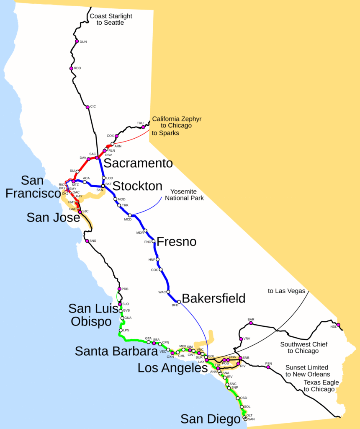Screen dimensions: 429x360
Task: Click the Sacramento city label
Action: pyautogui.click(x=138, y=163)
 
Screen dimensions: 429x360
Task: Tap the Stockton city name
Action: pyautogui.click(x=137, y=186)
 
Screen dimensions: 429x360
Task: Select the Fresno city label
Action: pyautogui.click(x=176, y=242)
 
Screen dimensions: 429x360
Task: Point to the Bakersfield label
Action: pyautogui.click(x=213, y=298)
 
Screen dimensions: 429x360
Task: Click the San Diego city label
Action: pyautogui.click(x=211, y=419)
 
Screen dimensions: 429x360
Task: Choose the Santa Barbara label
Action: pyautogui.click(x=116, y=351)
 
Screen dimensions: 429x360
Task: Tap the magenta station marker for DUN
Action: pyautogui.click(x=77, y=41)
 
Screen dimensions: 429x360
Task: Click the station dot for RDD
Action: pyautogui.click(x=71, y=68)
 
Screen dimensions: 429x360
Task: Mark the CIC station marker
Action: pyautogui.click(x=87, y=107)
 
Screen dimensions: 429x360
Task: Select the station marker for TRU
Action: pyautogui.click(x=143, y=127)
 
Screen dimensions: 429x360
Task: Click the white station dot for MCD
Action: pyautogui.click(x=130, y=215)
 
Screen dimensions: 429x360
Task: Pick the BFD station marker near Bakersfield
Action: pyautogui.click(x=179, y=302)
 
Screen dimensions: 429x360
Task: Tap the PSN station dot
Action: pyautogui.click(x=268, y=367)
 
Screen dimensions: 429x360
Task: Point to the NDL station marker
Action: pyautogui.click(x=338, y=325)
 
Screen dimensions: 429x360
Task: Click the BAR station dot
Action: pyautogui.click(x=251, y=323)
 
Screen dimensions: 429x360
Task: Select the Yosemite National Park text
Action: pyautogui.click(x=184, y=195)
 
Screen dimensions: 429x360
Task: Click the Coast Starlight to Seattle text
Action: pyautogui.click(x=111, y=19)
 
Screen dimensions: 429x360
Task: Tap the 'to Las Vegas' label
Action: pyautogui.click(x=287, y=290)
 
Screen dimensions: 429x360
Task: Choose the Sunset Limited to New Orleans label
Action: pyautogui.click(x=307, y=371)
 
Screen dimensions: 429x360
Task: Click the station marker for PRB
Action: pyautogui.click(x=119, y=289)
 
